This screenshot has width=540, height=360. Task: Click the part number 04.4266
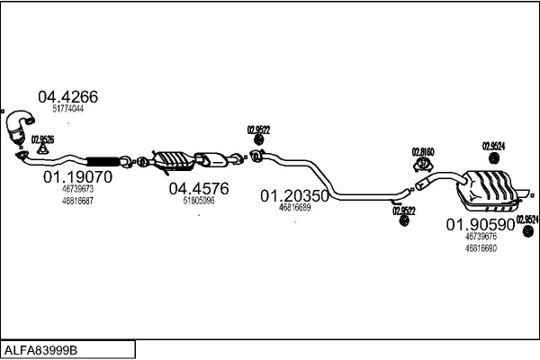pyautogui.click(x=67, y=97)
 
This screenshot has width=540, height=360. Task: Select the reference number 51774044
pyautogui.click(x=67, y=109)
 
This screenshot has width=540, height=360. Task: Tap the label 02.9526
pyautogui.click(x=42, y=139)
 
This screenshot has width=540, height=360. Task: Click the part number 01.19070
pyautogui.click(x=77, y=178)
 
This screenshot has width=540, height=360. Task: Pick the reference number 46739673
pyautogui.click(x=77, y=190)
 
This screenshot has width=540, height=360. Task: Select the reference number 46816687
pyautogui.click(x=77, y=200)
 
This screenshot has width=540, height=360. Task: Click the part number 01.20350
pyautogui.click(x=294, y=195)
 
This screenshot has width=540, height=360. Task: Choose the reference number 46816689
pyautogui.click(x=294, y=207)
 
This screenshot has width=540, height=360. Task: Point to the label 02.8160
pyautogui.click(x=423, y=151)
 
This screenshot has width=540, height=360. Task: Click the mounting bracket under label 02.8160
pyautogui.click(x=423, y=164)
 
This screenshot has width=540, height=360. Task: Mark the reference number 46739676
pyautogui.click(x=481, y=236)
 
